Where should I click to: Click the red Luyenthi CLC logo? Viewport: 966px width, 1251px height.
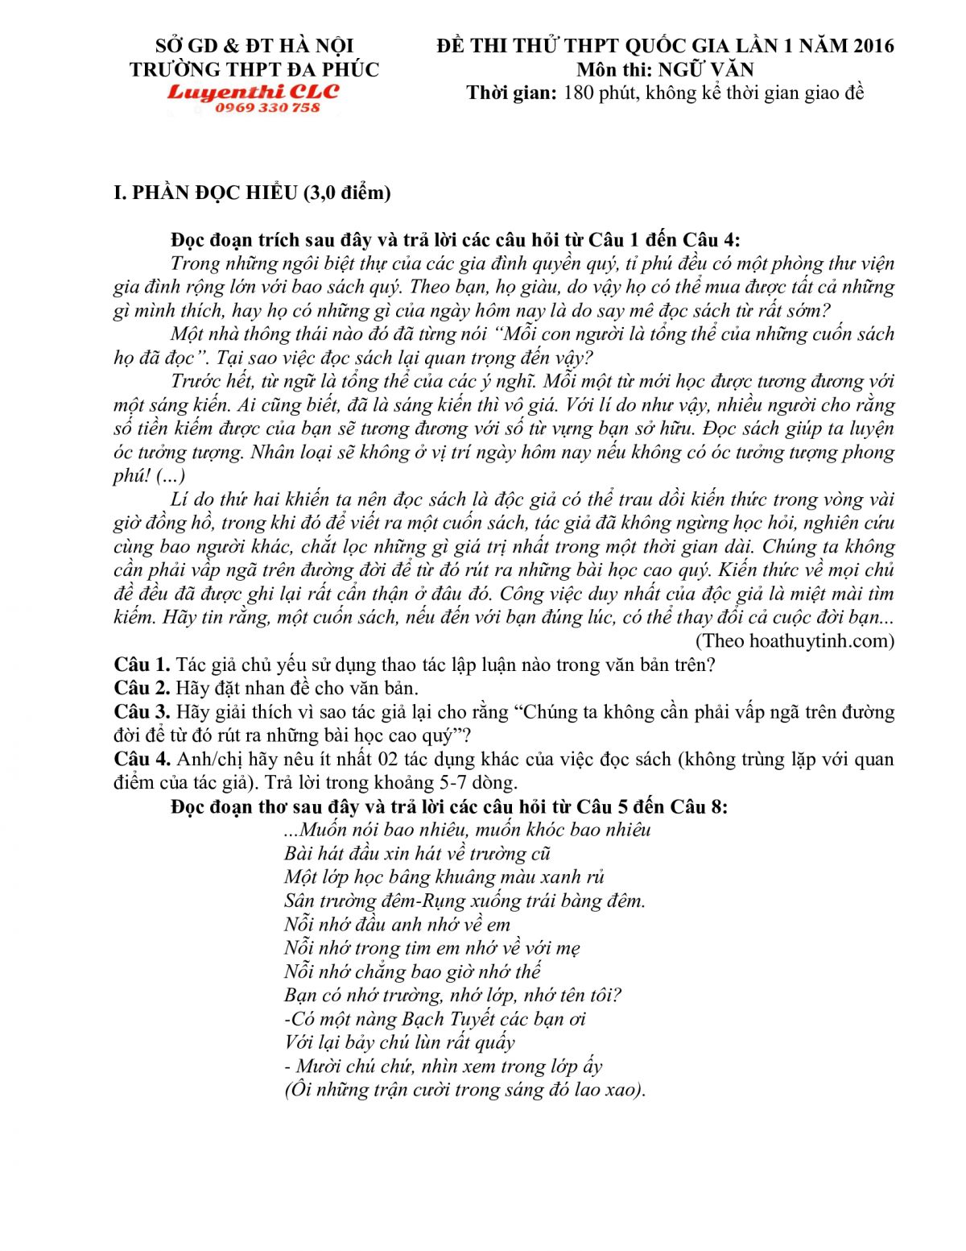pyautogui.click(x=254, y=92)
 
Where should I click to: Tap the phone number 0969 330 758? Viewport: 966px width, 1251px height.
pyautogui.click(x=267, y=108)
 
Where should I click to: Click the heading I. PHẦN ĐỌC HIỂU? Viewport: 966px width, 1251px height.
pyautogui.click(x=206, y=193)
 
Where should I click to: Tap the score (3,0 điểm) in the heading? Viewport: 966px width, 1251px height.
pyautogui.click(x=347, y=193)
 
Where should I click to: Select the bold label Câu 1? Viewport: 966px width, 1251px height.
pyautogui.click(x=142, y=665)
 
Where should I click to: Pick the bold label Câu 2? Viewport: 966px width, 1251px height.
pyautogui.click(x=142, y=688)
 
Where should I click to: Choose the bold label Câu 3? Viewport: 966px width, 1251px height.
pyautogui.click(x=142, y=712)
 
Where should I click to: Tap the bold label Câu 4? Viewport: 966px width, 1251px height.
pyautogui.click(x=142, y=759)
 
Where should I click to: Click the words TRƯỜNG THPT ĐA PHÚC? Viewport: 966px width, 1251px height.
pyautogui.click(x=254, y=69)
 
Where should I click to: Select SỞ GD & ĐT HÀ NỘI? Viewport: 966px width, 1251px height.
pyautogui.click(x=254, y=46)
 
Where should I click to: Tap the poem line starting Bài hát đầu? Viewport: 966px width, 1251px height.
pyautogui.click(x=417, y=853)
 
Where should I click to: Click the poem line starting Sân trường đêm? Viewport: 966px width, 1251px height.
pyautogui.click(x=464, y=901)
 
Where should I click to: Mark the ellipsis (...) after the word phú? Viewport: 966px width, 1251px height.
pyautogui.click(x=171, y=475)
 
